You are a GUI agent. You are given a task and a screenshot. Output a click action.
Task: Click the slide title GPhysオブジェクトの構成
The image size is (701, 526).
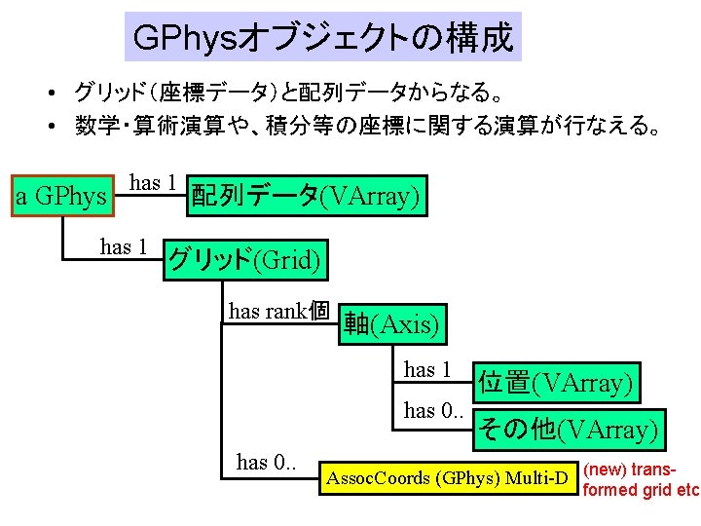point(322,37)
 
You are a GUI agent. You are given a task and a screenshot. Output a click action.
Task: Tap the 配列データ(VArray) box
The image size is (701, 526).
point(306,197)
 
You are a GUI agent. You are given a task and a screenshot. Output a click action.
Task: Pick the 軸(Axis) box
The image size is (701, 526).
point(390,323)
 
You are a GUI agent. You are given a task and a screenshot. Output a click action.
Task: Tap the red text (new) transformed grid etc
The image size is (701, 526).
point(640,479)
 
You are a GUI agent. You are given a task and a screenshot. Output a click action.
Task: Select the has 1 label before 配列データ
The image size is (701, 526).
point(153,182)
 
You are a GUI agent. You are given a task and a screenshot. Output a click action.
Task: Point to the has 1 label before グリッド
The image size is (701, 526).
point(124,246)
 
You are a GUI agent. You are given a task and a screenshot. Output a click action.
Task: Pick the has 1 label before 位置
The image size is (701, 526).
point(427,369)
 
